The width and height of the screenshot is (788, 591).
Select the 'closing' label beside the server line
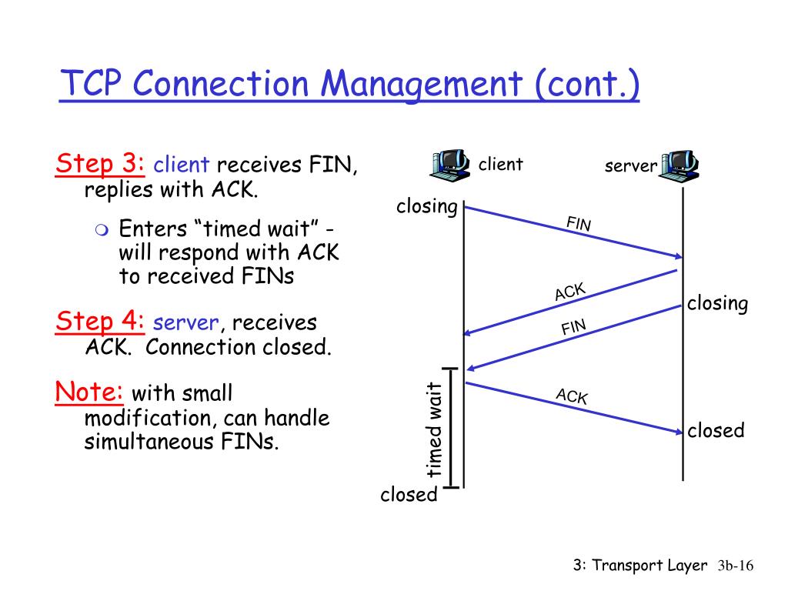(x=717, y=303)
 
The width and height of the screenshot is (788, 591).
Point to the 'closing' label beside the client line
(x=427, y=207)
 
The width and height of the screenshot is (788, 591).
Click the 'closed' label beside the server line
(x=716, y=430)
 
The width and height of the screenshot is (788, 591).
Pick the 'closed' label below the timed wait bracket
(x=409, y=495)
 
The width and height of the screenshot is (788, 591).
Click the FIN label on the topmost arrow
(x=579, y=224)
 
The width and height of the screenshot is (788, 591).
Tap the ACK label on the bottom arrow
(x=572, y=396)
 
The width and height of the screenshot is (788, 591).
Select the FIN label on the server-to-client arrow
(x=573, y=328)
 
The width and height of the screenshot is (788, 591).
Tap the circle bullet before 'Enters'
(x=103, y=229)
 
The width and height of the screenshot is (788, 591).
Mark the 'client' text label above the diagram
(x=500, y=164)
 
